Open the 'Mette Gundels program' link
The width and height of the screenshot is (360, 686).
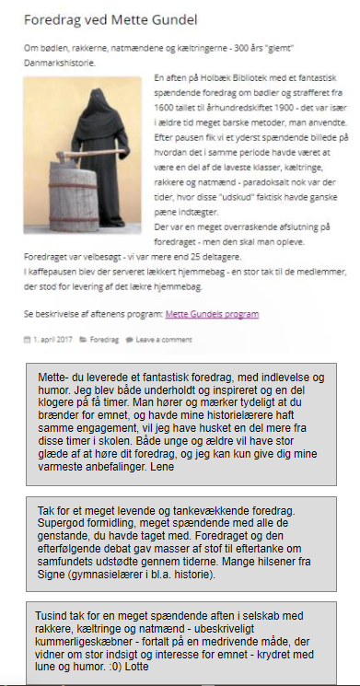212,314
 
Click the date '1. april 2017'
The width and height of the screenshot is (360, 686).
52,339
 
